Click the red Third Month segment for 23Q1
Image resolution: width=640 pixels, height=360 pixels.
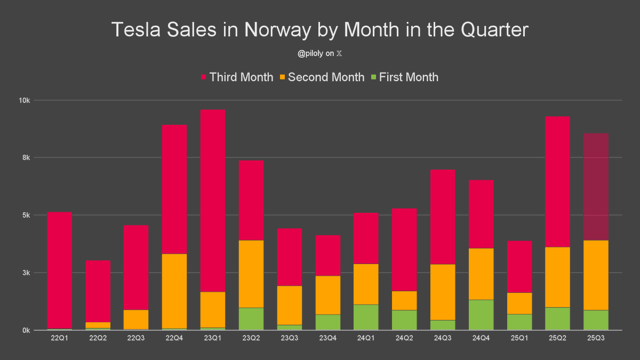click(212, 201)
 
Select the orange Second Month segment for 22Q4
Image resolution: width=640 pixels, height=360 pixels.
click(174, 291)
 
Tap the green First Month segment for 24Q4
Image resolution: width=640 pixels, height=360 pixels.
click(481, 315)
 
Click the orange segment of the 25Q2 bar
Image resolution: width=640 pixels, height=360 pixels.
click(558, 277)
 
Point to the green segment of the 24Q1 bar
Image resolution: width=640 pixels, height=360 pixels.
click(366, 317)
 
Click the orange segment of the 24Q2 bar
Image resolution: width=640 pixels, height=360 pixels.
click(404, 300)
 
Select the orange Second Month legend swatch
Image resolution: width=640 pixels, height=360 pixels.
click(283, 77)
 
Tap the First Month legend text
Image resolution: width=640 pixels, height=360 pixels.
click(409, 77)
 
